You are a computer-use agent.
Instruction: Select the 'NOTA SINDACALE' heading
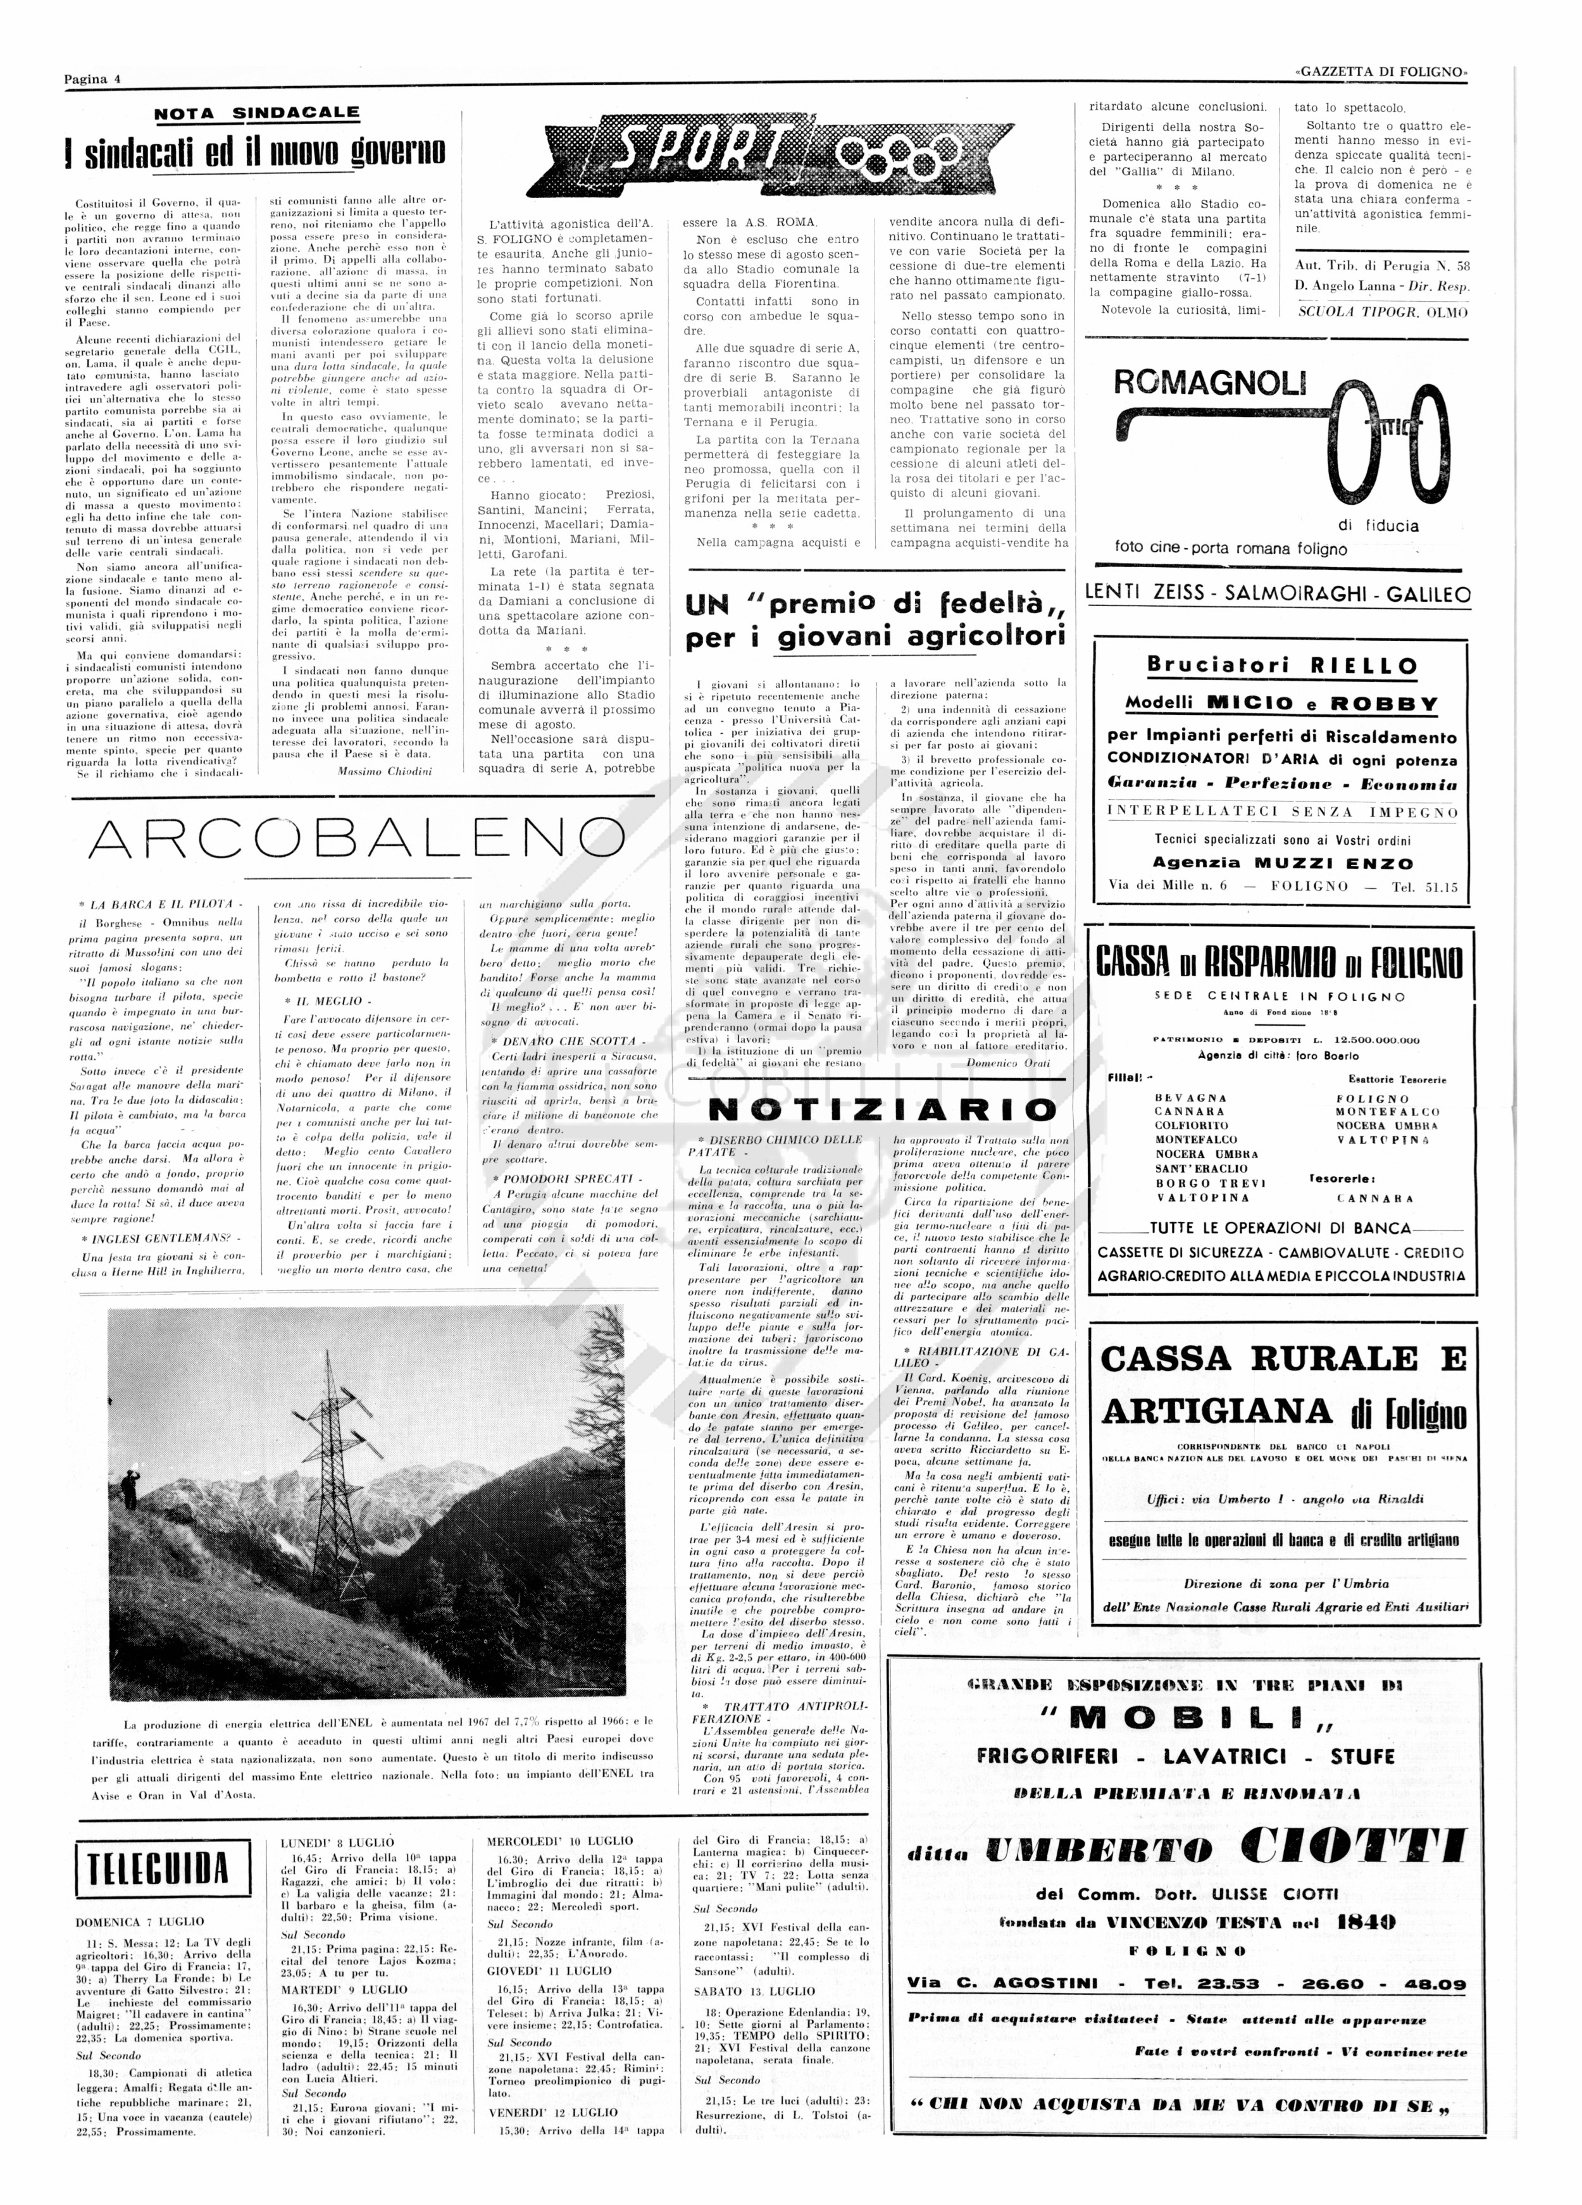257,113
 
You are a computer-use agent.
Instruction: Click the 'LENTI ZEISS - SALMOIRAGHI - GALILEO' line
1278,594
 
